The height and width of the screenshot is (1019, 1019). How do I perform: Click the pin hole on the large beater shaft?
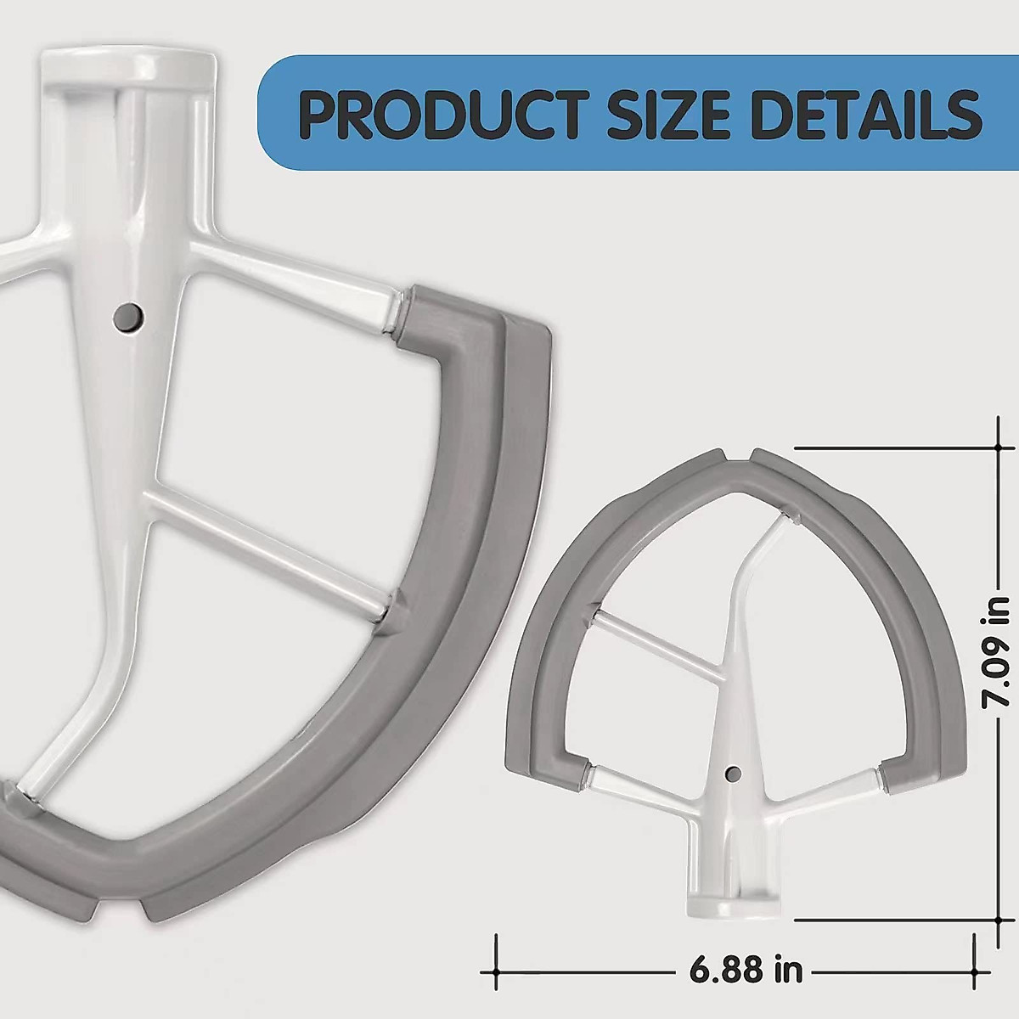tap(129, 317)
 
